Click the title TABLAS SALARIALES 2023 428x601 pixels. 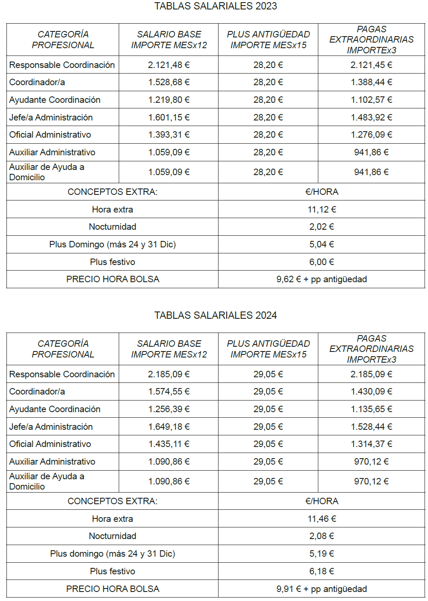[x=216, y=6]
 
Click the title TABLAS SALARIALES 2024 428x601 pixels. [x=216, y=315]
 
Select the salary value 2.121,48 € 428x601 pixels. [x=169, y=65]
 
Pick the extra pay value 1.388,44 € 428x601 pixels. [x=371, y=82]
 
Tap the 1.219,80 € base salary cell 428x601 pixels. [x=169, y=100]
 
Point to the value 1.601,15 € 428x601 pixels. [x=169, y=117]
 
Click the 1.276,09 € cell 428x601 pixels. [x=371, y=135]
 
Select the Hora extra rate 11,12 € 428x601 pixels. [x=322, y=210]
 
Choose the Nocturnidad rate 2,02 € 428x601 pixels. [x=322, y=227]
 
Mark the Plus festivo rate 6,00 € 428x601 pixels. [x=322, y=262]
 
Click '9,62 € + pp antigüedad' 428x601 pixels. [x=321, y=279]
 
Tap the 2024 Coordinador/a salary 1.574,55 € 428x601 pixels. [x=169, y=391]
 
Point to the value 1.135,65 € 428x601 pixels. [x=371, y=409]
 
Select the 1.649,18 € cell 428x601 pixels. [x=169, y=427]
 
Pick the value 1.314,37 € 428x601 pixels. [x=371, y=444]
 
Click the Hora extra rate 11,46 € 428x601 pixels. [x=322, y=519]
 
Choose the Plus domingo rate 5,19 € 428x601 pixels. [x=322, y=554]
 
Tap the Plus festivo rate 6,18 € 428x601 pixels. [x=322, y=571]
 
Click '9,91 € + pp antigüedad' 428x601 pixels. [x=321, y=589]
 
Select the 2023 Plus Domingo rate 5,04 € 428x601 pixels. [x=322, y=244]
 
